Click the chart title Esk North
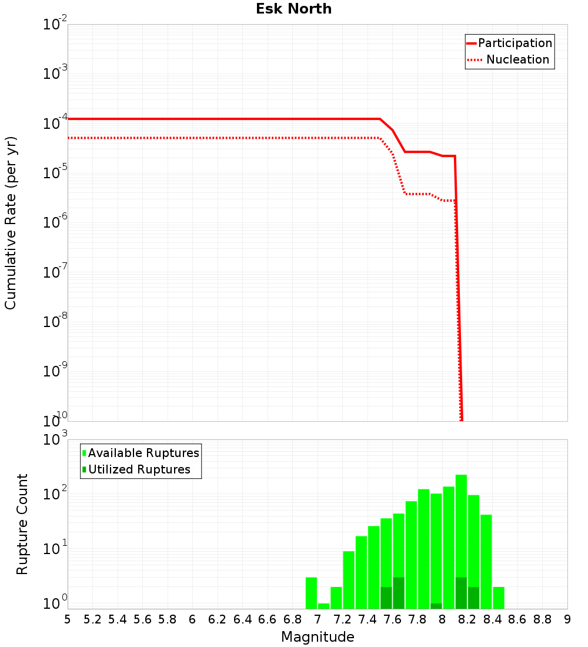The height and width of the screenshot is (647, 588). coord(293,9)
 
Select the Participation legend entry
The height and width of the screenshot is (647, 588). coord(514,43)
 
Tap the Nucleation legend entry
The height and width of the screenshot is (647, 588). coord(517,59)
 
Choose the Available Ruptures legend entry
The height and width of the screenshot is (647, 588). coord(143,453)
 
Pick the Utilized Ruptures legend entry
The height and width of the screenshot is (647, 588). coord(139,469)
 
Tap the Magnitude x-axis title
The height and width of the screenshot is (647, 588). coord(318,637)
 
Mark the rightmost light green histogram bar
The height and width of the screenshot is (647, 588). coord(499,598)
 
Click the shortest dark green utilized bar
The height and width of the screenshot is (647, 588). coord(436,606)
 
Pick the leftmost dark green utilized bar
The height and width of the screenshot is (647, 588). coord(386,598)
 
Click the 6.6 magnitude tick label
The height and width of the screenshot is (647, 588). coord(268,619)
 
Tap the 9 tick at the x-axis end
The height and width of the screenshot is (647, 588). coord(567,619)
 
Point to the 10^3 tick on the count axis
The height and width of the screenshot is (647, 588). coord(55,440)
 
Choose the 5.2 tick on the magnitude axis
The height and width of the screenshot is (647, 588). coord(92,619)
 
